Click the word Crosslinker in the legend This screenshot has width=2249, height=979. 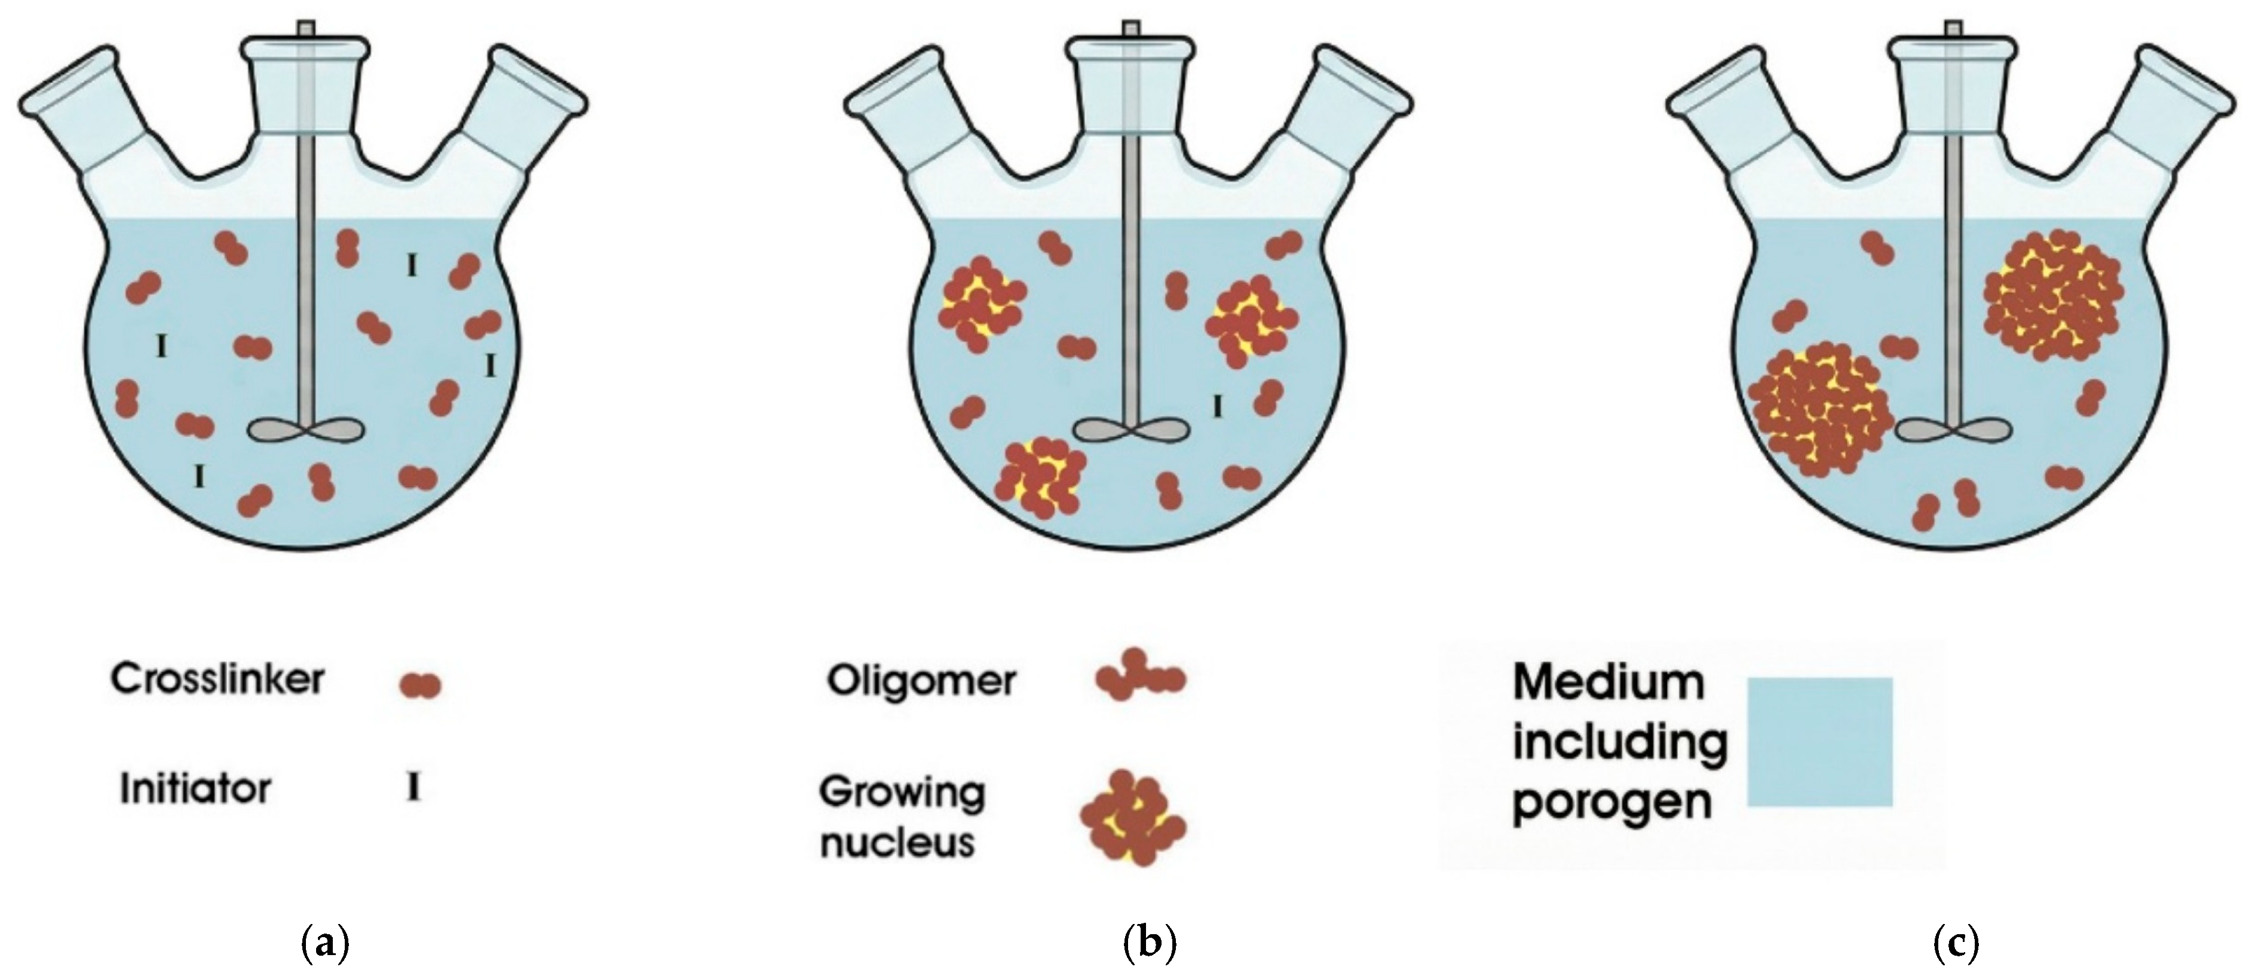click(x=216, y=680)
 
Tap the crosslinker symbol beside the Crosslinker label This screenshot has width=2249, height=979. click(x=420, y=686)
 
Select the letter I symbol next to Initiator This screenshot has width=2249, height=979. click(x=414, y=788)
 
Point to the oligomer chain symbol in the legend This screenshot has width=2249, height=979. click(x=1139, y=676)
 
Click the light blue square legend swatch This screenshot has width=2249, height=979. click(x=1819, y=742)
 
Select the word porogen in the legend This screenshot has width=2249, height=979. click(x=1611, y=801)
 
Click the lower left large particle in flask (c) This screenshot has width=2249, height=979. click(x=1819, y=411)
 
